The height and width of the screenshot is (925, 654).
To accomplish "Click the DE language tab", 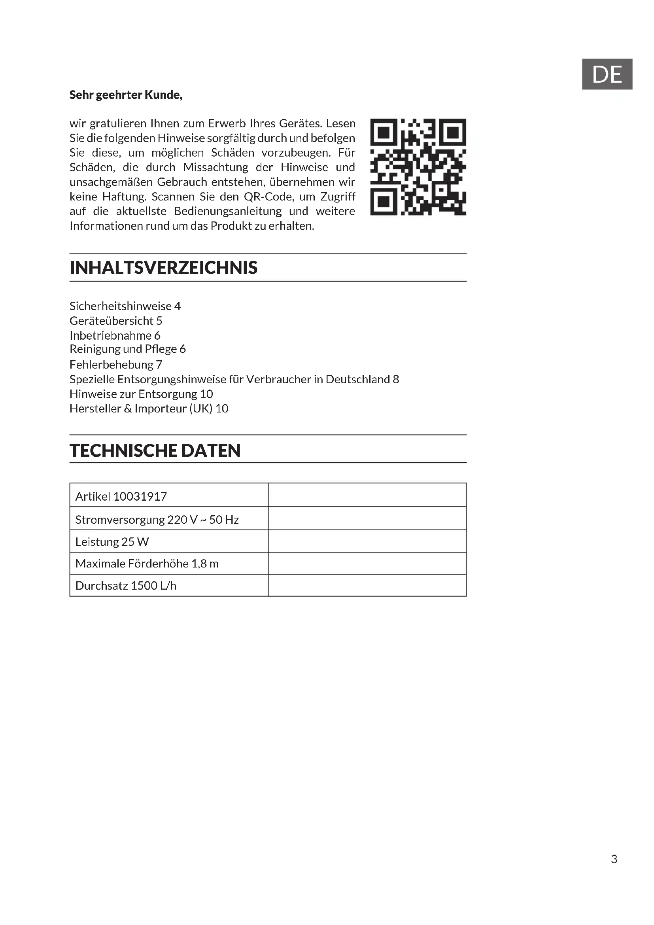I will point(607,74).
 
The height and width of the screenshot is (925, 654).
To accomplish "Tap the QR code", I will point(418,167).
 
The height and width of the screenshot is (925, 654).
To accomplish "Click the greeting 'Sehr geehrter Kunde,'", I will point(126,95).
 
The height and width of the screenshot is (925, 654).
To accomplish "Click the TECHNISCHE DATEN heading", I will point(155,450).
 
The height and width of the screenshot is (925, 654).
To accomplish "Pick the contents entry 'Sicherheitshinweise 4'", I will point(125,306).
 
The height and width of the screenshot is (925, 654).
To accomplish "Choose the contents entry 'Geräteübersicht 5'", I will point(115,321).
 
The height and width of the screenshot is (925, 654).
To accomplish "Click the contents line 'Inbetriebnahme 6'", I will point(115,335).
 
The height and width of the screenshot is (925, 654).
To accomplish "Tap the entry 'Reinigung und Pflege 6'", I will point(128,349).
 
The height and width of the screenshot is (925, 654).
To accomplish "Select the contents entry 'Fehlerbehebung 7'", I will point(115,365).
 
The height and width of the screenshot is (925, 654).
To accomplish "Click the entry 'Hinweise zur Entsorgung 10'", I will point(141,393).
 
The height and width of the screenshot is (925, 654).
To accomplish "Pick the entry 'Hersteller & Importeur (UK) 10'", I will point(149,409).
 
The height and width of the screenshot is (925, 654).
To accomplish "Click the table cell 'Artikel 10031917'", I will point(121,496).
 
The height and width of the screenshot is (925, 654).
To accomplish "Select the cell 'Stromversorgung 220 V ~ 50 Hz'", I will point(157,520).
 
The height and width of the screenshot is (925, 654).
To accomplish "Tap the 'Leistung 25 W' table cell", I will point(112,542).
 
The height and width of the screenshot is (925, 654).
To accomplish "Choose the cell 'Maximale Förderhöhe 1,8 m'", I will point(147,564).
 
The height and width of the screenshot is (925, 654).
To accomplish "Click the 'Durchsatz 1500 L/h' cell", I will point(126,585).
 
